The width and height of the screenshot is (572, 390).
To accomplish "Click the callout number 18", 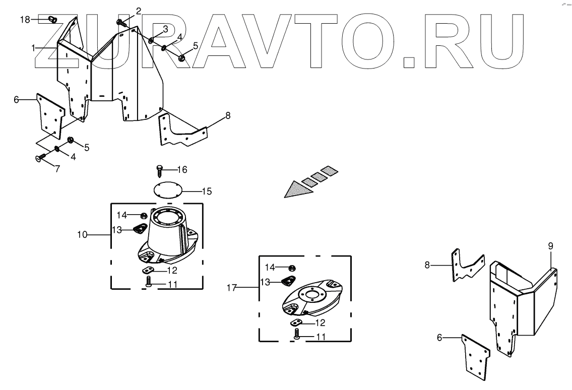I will [25, 19].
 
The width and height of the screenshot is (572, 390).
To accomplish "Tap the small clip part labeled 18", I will [51, 20].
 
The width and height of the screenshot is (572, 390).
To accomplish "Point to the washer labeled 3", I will [152, 39].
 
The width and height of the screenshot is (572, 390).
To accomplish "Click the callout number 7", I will [57, 169].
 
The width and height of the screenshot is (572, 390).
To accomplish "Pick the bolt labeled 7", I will [39, 158].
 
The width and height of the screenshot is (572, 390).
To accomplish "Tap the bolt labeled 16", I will [159, 169].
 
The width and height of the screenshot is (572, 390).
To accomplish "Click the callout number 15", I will [207, 191].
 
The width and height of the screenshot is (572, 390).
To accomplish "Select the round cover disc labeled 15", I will [167, 190].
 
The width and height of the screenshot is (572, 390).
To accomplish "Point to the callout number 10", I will [82, 234].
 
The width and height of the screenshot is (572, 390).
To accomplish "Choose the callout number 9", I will [550, 246].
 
